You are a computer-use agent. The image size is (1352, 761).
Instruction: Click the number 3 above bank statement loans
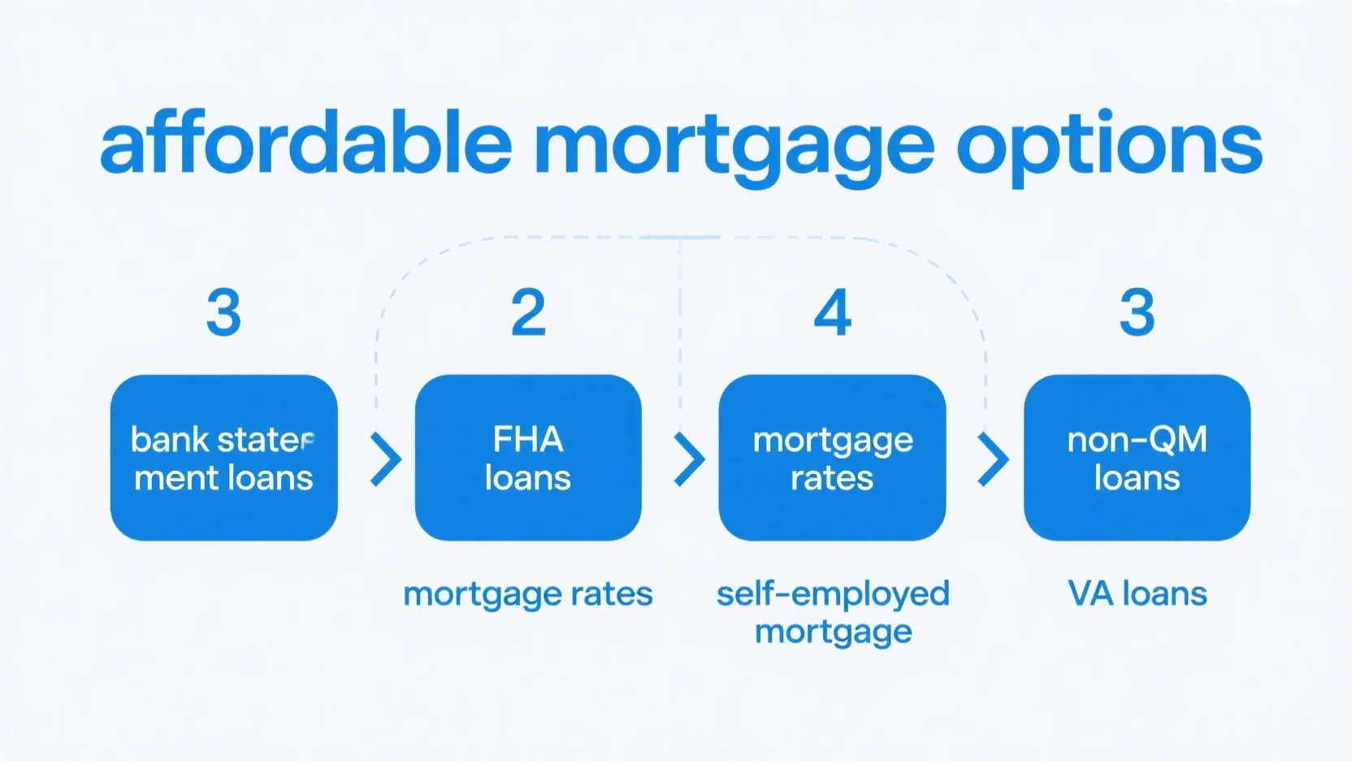click(224, 312)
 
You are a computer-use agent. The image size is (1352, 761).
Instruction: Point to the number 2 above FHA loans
click(529, 312)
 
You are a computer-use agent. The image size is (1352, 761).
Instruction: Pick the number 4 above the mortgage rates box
click(832, 312)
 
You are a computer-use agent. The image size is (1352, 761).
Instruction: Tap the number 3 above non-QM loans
click(1137, 312)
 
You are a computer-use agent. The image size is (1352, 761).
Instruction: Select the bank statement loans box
click(224, 457)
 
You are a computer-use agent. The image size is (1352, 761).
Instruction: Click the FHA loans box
click(528, 457)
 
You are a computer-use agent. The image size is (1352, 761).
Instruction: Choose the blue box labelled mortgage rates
click(832, 457)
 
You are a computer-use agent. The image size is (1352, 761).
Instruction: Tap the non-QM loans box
click(1137, 457)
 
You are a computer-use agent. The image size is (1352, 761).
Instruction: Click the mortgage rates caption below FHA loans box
click(528, 595)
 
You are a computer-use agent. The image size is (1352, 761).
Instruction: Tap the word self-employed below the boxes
click(833, 594)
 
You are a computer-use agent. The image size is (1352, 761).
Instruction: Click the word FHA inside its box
click(528, 439)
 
